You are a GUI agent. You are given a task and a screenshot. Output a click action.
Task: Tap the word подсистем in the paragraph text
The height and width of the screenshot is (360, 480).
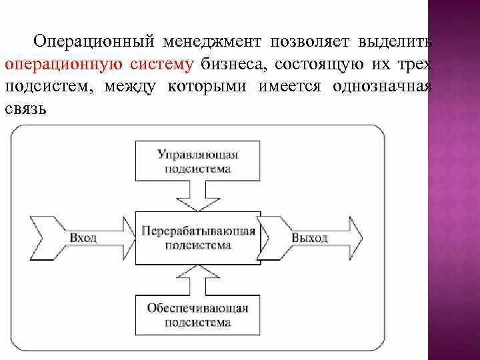41,87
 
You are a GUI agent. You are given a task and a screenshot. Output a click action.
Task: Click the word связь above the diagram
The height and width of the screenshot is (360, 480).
25,109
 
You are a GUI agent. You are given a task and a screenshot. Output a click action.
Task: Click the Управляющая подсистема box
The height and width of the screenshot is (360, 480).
198,161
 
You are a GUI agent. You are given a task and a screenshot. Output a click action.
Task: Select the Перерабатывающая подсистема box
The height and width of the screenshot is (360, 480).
198,238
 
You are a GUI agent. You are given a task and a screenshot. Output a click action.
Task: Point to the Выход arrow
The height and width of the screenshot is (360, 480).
311,238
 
